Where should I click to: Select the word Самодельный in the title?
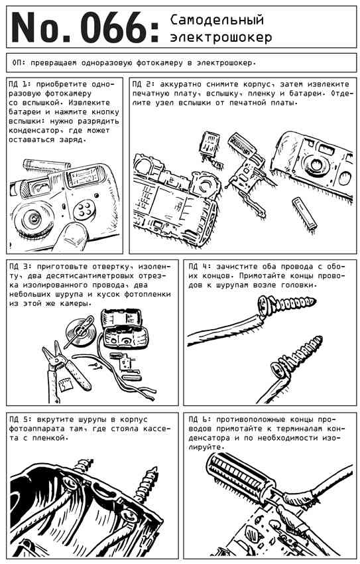[217, 20]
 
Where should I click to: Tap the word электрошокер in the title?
[221, 37]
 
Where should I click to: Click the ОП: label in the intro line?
[19, 62]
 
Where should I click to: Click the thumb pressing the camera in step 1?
[72, 236]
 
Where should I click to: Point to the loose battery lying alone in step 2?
[304, 213]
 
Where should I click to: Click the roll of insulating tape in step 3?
[81, 331]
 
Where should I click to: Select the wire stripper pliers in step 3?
[65, 370]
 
